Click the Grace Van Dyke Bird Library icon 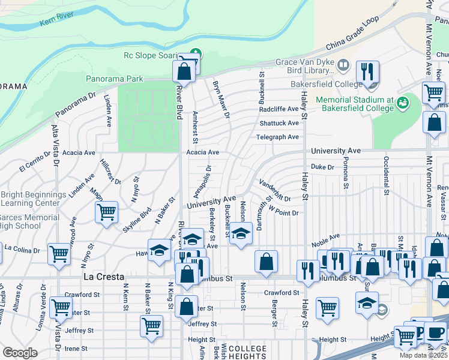(343, 64)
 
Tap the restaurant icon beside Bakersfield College (367, 73)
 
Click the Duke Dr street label (322, 167)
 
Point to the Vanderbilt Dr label (275, 190)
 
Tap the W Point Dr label (283, 212)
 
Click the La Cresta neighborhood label (103, 277)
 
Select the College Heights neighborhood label (247, 353)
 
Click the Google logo (20, 353)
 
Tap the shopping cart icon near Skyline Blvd (106, 212)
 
